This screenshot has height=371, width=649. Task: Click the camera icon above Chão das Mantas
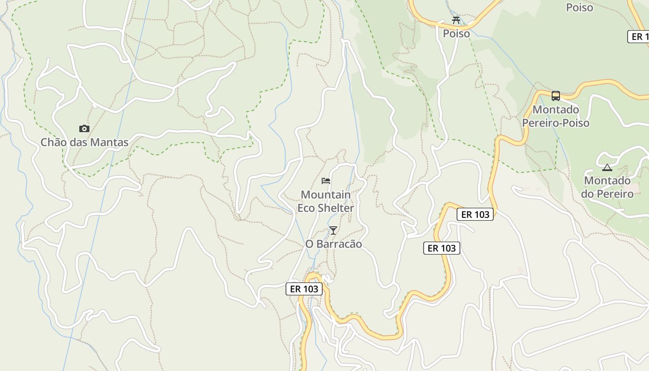click(84, 128)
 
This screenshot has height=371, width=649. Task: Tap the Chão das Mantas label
click(84, 142)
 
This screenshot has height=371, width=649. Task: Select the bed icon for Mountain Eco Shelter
click(326, 180)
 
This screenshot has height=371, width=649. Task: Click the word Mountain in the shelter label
click(325, 194)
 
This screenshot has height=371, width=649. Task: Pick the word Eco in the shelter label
click(306, 208)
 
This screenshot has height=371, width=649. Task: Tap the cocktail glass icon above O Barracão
click(333, 230)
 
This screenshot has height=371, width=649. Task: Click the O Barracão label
click(333, 243)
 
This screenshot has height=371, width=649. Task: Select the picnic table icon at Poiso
click(456, 20)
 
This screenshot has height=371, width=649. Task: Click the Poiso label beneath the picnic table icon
click(456, 33)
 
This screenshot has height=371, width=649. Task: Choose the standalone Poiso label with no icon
click(579, 7)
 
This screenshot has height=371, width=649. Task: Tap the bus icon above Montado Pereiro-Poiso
click(555, 96)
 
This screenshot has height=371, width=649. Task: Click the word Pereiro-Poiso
click(556, 123)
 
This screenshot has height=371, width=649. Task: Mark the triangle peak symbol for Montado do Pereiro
click(607, 167)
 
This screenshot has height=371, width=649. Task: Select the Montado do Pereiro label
click(607, 187)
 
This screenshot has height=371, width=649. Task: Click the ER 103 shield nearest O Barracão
click(304, 289)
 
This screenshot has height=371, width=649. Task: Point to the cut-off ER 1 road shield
click(639, 37)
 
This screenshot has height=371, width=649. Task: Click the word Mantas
click(111, 142)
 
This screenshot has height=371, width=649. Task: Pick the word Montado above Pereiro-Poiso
click(556, 109)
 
